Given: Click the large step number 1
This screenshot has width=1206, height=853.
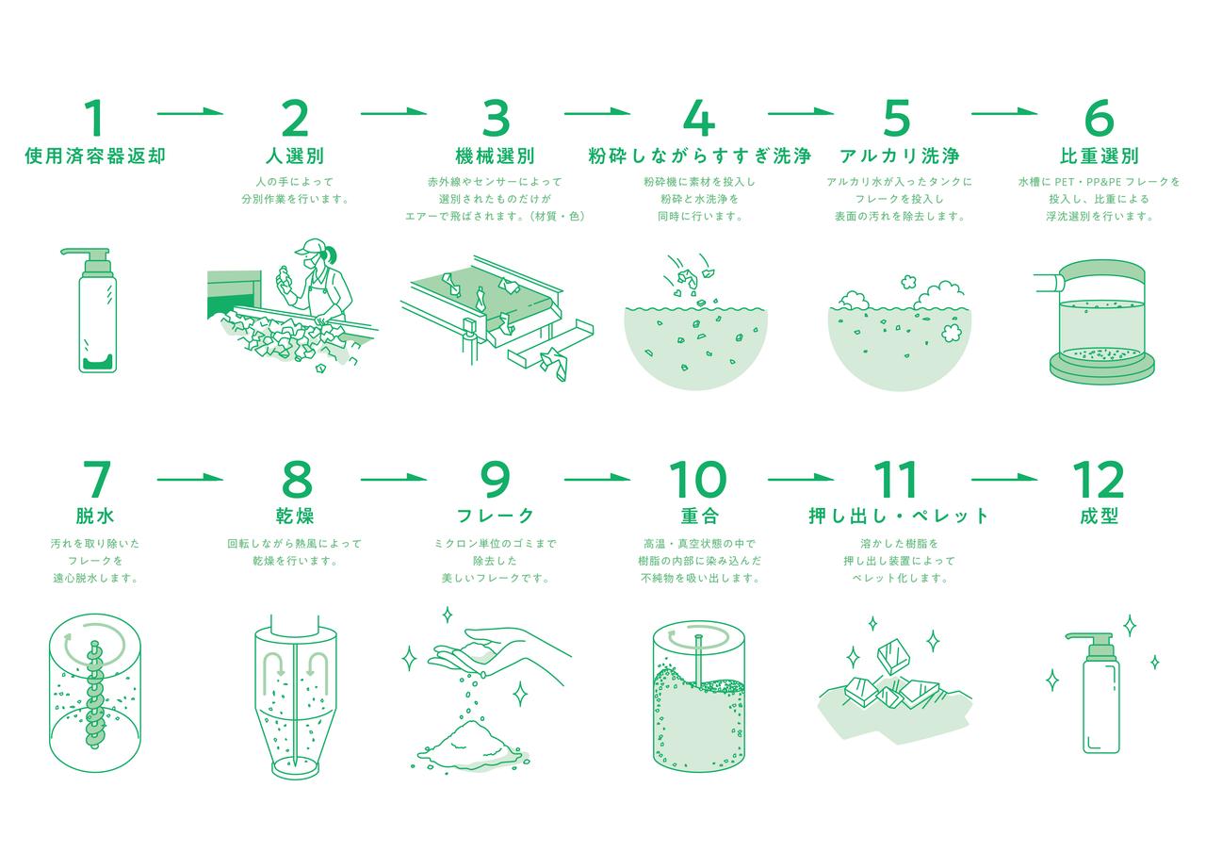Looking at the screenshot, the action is click(x=94, y=118).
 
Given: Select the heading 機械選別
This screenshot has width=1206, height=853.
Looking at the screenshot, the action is click(x=496, y=156).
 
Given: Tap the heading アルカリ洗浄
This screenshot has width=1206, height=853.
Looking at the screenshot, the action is click(x=900, y=156).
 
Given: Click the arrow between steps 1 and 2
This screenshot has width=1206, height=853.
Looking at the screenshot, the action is click(x=190, y=112).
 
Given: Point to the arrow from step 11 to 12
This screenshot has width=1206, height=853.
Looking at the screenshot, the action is click(x=1004, y=478).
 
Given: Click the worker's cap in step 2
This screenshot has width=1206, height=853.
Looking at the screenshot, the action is click(x=310, y=247).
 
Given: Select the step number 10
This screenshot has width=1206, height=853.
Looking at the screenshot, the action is click(x=698, y=479).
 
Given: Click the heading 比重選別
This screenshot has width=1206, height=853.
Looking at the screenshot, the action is click(x=1099, y=156).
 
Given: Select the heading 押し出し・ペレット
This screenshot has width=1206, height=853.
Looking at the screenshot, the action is click(x=899, y=516).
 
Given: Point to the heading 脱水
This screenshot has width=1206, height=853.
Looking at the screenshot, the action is click(x=95, y=516).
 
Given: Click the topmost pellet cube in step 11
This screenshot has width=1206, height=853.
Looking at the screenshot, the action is click(x=894, y=656).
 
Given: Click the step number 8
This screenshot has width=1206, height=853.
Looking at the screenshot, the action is click(x=297, y=479).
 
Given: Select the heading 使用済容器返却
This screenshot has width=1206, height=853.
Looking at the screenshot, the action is click(x=95, y=156).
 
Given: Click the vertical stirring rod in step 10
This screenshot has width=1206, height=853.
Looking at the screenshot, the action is click(x=698, y=661).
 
